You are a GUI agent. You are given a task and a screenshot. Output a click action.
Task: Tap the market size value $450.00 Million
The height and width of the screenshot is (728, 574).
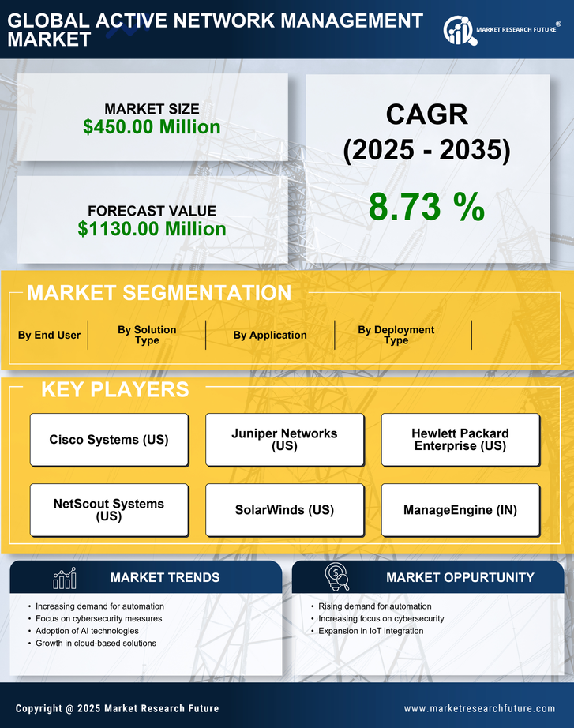coord(152,127)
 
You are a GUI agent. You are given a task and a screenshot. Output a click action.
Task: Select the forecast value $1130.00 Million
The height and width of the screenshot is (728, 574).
coord(152,229)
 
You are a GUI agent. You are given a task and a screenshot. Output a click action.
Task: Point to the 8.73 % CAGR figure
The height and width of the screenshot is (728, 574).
coord(426,207)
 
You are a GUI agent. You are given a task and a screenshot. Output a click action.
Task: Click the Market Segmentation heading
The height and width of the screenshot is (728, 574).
coord(159,293)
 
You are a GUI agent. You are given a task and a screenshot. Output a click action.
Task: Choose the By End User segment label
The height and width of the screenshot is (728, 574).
coord(49,335)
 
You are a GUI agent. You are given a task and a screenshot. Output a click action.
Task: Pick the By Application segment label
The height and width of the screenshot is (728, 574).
coord(270,335)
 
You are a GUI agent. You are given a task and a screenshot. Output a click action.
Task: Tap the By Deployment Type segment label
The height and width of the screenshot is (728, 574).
coord(396,335)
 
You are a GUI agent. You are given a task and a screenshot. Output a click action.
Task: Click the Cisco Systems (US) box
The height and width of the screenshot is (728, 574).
coord(109,440)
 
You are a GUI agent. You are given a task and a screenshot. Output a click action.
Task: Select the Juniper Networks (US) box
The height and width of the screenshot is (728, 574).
coord(284,440)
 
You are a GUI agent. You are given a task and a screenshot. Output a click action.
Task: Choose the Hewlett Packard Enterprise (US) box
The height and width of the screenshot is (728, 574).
coord(460,440)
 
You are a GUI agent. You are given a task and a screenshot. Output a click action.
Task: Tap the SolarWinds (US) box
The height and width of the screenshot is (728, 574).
coord(284,510)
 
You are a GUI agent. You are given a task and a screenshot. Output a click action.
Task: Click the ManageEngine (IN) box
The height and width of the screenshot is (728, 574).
coord(460,510)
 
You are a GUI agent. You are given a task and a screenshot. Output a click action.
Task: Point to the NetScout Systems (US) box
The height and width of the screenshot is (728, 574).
coord(109,510)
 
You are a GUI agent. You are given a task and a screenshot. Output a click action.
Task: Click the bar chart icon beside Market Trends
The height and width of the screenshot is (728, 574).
coord(65,578)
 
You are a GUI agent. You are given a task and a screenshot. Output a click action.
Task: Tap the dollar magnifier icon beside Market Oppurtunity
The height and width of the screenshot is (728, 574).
coord(337,577)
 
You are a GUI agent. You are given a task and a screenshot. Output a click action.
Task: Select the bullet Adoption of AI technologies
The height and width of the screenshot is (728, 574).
coord(87,631)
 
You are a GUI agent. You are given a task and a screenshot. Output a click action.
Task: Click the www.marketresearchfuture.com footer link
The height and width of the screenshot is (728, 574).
coord(479,708)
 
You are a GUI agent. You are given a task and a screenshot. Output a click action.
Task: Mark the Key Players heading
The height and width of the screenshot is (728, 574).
coord(114,389)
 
